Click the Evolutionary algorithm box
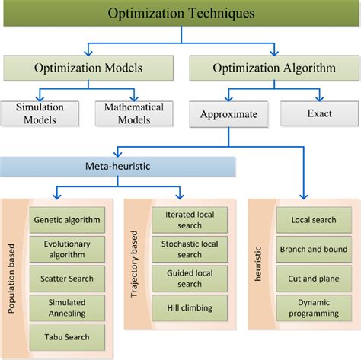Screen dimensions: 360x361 pos(67,249)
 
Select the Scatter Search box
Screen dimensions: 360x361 pos(67,278)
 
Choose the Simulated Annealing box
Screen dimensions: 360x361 pos(67,307)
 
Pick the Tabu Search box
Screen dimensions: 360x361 pos(67,337)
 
